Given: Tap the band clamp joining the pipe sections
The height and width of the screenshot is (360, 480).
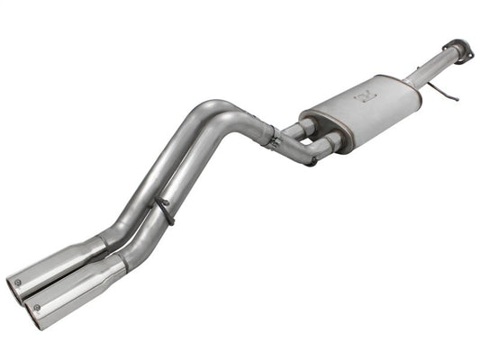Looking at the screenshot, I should pyautogui.click(x=268, y=135).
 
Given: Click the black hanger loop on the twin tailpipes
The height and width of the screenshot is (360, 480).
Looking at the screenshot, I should pyautogui.click(x=163, y=211).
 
